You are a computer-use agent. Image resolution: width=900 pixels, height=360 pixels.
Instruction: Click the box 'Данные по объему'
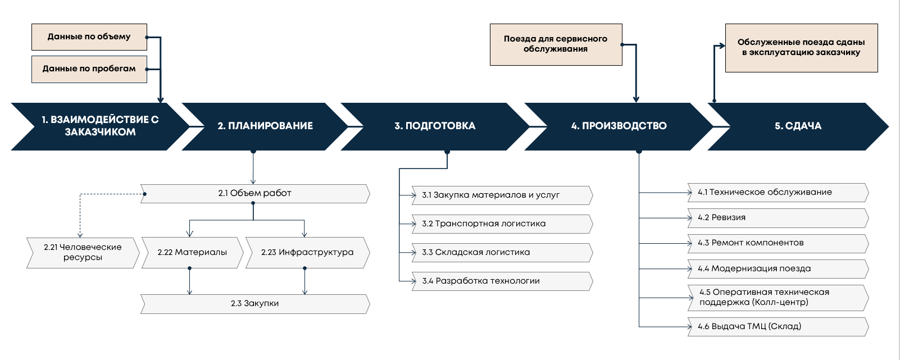[x=89, y=37]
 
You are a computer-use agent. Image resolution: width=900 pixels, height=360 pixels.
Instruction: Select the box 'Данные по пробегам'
[x=89, y=69]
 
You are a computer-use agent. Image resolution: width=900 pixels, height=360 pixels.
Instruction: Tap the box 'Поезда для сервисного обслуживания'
[x=556, y=44]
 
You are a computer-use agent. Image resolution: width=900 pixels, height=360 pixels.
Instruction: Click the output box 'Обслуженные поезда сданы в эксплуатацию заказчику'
[x=801, y=48]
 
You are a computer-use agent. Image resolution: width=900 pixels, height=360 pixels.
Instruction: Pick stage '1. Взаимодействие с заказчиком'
[x=100, y=126]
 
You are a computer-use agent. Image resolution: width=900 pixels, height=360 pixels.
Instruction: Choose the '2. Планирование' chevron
[x=265, y=126]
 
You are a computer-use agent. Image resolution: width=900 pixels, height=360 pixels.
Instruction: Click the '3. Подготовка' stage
[x=435, y=126]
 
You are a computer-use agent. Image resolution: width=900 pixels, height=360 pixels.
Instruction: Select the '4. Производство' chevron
[x=619, y=126]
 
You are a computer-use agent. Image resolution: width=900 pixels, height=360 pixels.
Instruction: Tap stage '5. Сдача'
[x=798, y=126]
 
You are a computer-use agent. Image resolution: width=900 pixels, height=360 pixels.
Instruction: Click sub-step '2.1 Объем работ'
[x=255, y=193]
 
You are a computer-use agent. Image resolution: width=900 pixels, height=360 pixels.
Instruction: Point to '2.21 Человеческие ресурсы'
[x=83, y=252]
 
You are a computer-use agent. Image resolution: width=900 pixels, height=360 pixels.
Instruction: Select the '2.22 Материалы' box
[x=192, y=252]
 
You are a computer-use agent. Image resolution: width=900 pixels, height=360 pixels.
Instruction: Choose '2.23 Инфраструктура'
[x=307, y=252]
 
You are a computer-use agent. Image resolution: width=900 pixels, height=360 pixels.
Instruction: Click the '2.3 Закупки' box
[x=255, y=303]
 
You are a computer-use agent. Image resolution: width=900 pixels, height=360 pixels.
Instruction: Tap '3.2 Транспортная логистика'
[x=502, y=224]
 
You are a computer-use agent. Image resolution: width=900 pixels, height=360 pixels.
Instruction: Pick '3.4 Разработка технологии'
[x=502, y=281]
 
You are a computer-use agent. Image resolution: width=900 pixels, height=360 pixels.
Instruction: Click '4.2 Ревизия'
[x=778, y=217]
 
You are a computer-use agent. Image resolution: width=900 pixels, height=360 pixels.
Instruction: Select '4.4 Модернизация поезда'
[x=778, y=268]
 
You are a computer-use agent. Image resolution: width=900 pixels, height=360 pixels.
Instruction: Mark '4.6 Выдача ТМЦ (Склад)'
[x=778, y=326]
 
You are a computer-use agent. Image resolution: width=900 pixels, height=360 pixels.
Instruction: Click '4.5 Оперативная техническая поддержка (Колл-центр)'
[x=778, y=297]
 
